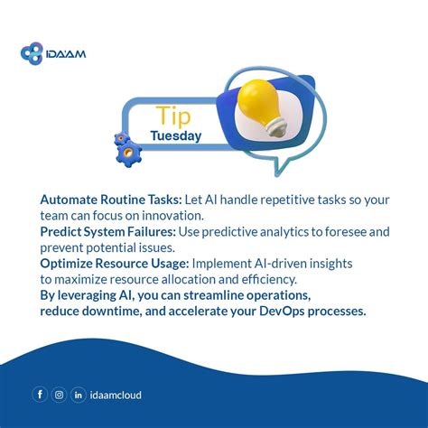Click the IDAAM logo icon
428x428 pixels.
click(32, 53)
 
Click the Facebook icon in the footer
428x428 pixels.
click(40, 395)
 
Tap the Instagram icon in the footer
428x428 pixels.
click(59, 395)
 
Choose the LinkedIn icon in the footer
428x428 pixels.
click(79, 395)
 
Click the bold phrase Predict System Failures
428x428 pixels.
click(99, 231)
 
